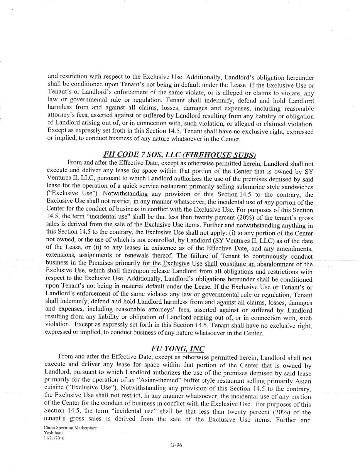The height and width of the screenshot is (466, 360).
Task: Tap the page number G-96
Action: click(176, 445)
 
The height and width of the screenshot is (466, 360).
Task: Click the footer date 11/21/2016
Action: click(54, 437)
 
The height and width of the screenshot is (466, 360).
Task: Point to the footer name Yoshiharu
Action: click(53, 433)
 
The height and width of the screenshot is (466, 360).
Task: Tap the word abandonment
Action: click(279, 264)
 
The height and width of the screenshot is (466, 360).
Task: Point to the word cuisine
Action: click(55, 389)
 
